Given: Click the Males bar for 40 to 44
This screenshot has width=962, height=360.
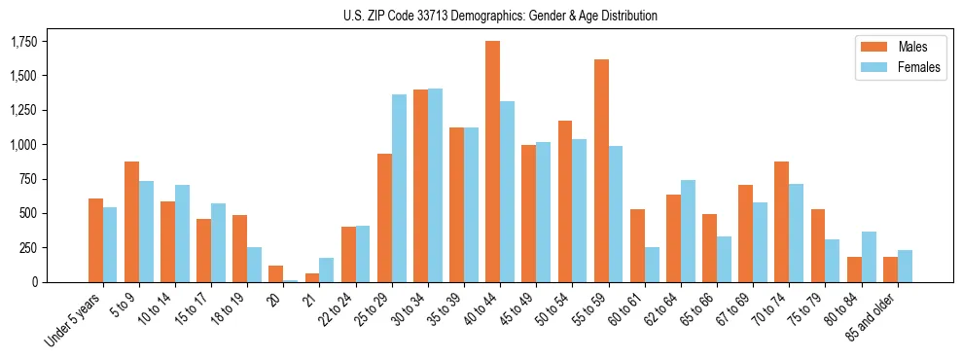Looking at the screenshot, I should pyautogui.click(x=492, y=162).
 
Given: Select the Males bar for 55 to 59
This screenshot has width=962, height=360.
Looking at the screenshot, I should pyautogui.click(x=601, y=170).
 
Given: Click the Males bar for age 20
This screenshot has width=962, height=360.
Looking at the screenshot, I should pyautogui.click(x=276, y=273).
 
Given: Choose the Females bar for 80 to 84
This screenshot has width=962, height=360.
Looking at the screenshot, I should pyautogui.click(x=869, y=257).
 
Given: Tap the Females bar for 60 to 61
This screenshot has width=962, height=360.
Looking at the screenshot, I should pyautogui.click(x=652, y=264).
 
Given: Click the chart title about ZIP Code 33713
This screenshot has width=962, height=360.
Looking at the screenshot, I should pyautogui.click(x=500, y=16).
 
